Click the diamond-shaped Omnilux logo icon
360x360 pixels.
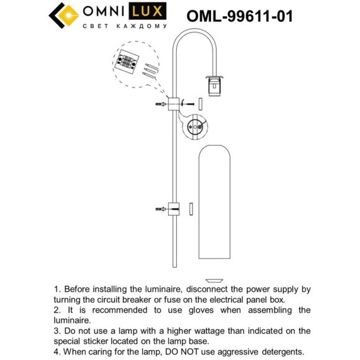point(61,15)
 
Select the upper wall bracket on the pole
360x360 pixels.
point(174,103)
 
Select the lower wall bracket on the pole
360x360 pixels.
point(174,209)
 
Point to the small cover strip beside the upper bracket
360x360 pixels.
point(200,103)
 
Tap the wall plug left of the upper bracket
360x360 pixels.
point(159,104)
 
